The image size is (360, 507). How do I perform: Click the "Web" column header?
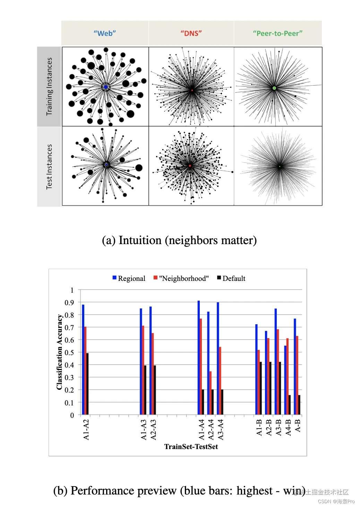point(105,33)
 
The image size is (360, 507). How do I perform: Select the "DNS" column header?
point(191,33)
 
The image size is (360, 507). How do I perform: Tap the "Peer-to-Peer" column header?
point(277,33)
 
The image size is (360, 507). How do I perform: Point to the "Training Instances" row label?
point(49,86)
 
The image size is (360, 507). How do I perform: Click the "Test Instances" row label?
point(49,166)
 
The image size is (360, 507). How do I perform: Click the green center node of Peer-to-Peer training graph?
point(274,88)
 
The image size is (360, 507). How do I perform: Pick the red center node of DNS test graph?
point(190,166)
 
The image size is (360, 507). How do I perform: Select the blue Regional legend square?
point(114,278)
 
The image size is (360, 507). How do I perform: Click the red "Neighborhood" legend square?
point(156,278)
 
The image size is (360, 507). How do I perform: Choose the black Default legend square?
point(219,278)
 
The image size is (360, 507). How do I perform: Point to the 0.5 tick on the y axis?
point(69,352)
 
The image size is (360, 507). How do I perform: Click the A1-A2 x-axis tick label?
point(86,429)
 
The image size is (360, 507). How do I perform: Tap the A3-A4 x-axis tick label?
point(221,429)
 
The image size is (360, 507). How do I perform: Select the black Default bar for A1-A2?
point(87,384)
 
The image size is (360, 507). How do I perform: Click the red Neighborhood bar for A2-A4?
point(210,393)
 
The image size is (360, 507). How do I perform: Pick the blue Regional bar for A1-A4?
point(199,358)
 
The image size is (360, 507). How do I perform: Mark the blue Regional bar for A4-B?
point(285,380)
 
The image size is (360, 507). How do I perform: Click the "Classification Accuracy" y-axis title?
point(59,352)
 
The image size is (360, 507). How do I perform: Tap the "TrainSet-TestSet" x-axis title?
point(191,447)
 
